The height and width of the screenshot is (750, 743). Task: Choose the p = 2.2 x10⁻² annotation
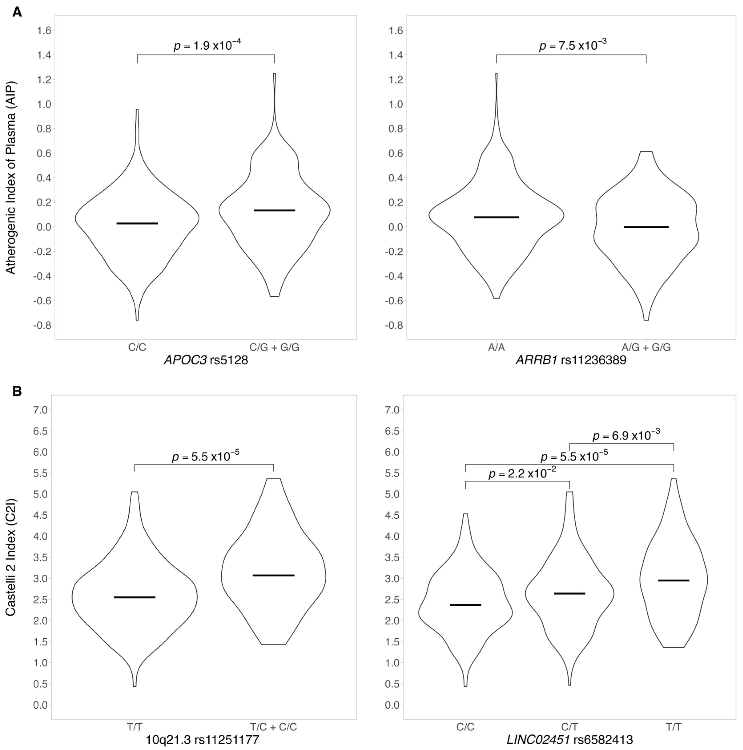(x=522, y=473)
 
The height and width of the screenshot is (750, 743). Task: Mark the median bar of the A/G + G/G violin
(x=646, y=227)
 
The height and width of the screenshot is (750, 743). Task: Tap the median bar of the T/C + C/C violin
(x=273, y=575)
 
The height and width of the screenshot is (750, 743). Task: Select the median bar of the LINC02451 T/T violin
(x=674, y=580)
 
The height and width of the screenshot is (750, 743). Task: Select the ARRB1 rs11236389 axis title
(x=571, y=360)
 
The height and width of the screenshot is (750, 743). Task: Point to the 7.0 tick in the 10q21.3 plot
(x=40, y=410)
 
